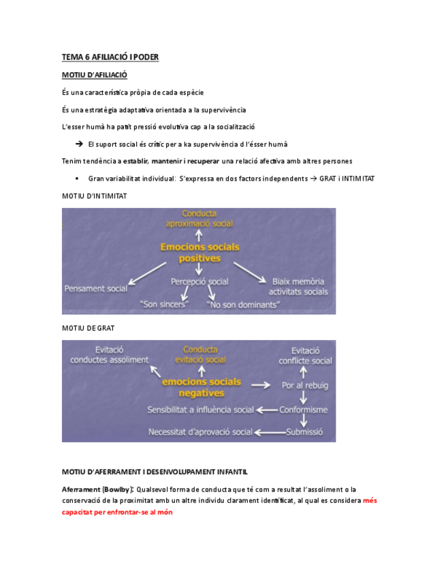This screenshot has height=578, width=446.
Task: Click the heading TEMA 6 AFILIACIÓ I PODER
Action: [x=110, y=57]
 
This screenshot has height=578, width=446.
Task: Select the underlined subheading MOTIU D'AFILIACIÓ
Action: [x=94, y=74]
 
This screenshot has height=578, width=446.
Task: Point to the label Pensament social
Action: [x=96, y=288]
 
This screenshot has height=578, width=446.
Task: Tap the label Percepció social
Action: [x=200, y=281]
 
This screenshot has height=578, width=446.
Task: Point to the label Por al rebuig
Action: [x=306, y=385]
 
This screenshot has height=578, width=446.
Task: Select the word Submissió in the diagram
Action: [x=301, y=431]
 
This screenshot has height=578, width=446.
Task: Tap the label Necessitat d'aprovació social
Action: [x=201, y=431]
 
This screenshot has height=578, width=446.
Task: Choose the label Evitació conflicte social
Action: [x=305, y=354]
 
